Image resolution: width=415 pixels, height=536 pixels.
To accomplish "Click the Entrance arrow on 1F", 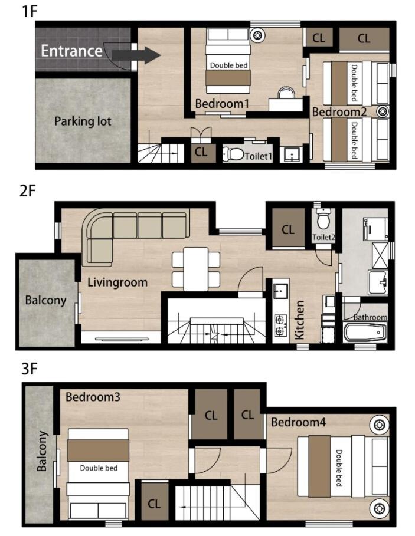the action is point(136,55).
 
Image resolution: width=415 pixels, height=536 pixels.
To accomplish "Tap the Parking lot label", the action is point(83,121).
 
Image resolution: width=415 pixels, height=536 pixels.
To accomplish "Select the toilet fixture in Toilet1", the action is point(233,154).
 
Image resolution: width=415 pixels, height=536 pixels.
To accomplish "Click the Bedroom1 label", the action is point(222,104).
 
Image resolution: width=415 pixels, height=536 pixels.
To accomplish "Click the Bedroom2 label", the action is point(339,112).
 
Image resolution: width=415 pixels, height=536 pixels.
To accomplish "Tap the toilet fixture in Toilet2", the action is point(323,219).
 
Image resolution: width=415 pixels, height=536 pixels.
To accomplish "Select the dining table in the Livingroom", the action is point(196,269).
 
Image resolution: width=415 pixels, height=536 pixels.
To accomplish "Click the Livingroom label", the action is point(117,282).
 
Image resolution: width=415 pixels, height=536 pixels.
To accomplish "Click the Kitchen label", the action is point(299,320).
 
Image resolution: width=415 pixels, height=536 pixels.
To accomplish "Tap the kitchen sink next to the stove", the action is point(280,291).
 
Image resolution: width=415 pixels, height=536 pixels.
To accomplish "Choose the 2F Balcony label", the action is point(45,300).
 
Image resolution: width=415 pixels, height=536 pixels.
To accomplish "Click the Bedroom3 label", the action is point(93,397).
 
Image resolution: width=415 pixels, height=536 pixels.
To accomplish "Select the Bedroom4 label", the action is point(298,422).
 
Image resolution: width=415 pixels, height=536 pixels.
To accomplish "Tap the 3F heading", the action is point(29,369).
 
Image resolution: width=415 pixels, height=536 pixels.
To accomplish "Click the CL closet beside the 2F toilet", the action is point(288,228).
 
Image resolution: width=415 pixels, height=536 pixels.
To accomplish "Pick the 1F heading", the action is point(30,11).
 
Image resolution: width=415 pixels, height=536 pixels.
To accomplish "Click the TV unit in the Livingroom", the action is point(122,339).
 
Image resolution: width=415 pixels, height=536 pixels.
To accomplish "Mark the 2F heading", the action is point(28,190).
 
